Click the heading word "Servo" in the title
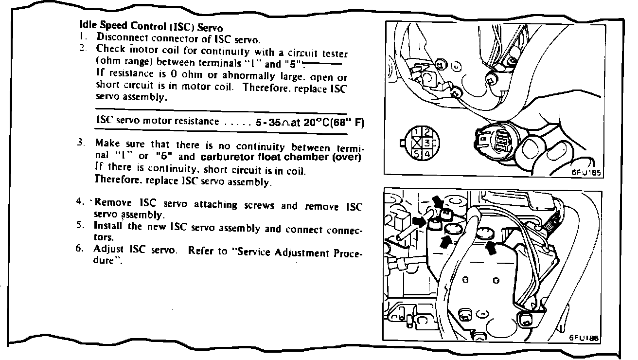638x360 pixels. [211, 28]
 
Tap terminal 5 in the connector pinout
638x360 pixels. [417, 153]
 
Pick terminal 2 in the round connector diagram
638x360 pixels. [425, 132]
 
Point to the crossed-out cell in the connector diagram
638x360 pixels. [417, 142]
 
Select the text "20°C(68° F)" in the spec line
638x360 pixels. [334, 123]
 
